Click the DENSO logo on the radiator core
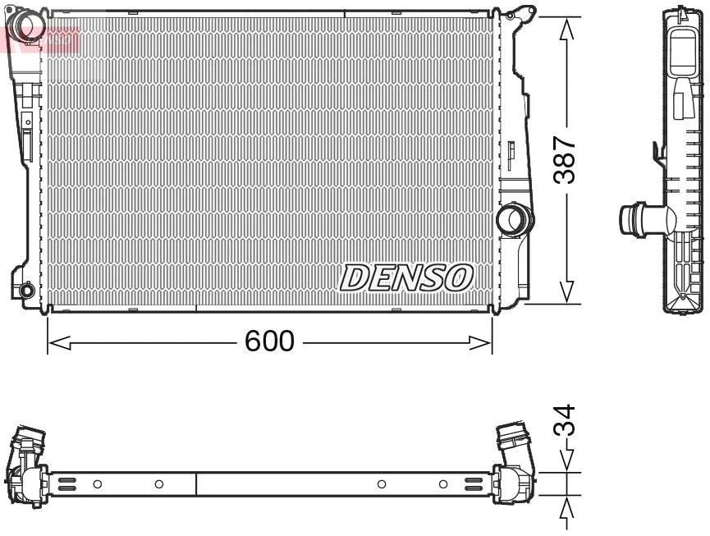coord(406,277)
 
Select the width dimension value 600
coord(269,341)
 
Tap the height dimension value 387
coord(564,161)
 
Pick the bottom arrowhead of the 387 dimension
coord(566,292)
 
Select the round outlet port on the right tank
coord(515,219)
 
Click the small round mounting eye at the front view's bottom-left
coord(26,290)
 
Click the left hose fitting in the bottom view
coord(27,464)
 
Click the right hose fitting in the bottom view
coord(514,464)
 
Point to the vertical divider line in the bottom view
coord(196,484)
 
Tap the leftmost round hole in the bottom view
coord(97,484)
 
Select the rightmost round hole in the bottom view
coord(443,484)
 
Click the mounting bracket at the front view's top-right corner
coord(520,14)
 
